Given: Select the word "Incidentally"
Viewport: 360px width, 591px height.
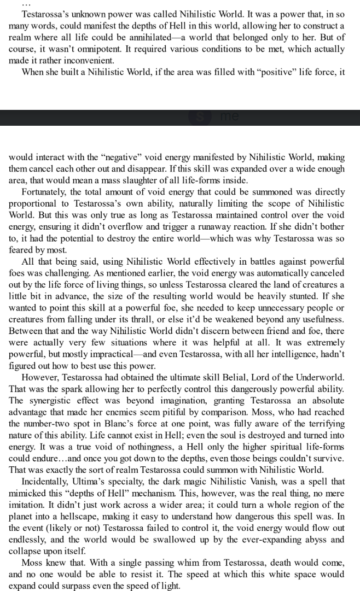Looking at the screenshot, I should click(x=47, y=481).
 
